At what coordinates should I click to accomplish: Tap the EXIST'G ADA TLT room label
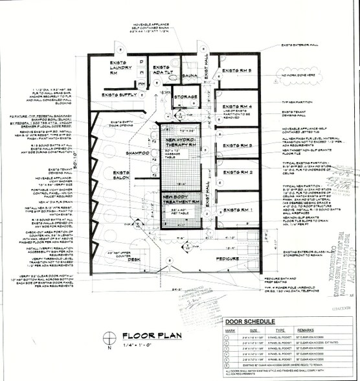coord(162,70)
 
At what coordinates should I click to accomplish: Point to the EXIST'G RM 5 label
coord(241,69)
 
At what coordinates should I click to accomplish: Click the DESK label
coord(133,241)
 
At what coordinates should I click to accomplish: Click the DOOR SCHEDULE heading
coord(255,323)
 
